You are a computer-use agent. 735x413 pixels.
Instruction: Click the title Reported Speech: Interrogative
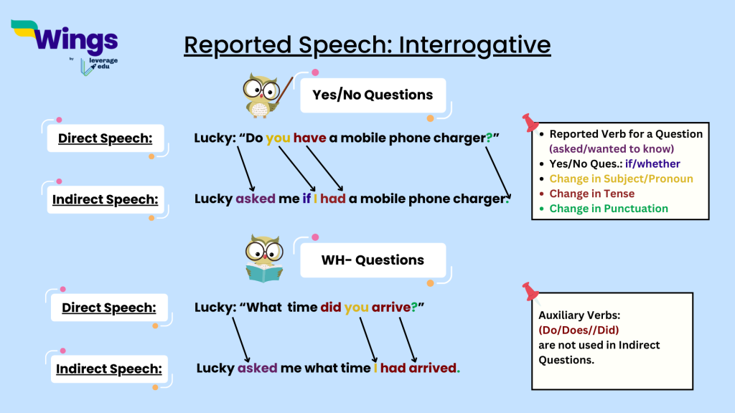tap(367, 45)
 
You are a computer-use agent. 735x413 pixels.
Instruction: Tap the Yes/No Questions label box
tap(373, 95)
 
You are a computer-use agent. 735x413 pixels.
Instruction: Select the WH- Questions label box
tap(373, 260)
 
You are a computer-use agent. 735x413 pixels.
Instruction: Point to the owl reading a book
tap(263, 258)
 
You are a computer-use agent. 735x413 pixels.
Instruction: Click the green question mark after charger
tap(488, 138)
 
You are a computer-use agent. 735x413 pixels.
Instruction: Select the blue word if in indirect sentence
tap(306, 199)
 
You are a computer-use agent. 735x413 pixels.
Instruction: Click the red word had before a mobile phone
tap(333, 199)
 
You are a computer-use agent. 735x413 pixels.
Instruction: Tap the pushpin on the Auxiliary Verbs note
tap(530, 290)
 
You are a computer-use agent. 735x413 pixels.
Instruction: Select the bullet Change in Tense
tap(591, 194)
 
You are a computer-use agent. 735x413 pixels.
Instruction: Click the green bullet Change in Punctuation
tap(609, 209)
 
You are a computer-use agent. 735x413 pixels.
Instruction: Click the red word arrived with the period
tap(434, 368)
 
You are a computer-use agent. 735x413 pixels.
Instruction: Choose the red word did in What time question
tap(330, 307)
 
